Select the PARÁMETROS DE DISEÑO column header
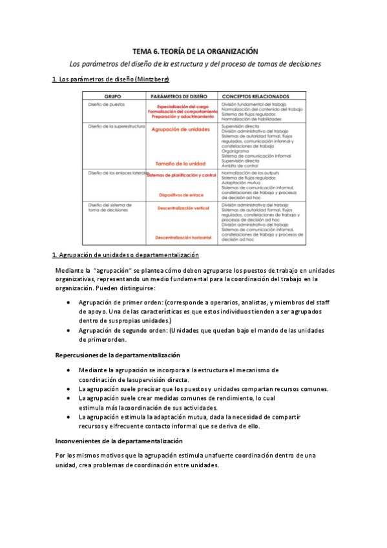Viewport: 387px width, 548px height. (x=181, y=95)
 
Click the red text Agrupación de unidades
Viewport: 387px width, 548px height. (x=181, y=130)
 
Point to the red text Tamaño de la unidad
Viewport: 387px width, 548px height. (x=181, y=163)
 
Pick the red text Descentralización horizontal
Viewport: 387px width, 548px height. (x=183, y=237)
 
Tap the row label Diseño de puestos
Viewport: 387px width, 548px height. (x=107, y=103)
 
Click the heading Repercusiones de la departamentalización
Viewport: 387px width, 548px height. (x=118, y=355)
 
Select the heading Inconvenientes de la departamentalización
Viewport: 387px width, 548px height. (x=120, y=441)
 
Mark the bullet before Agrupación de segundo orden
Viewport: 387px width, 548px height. (x=70, y=330)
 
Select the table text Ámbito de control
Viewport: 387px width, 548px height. (x=240, y=165)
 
